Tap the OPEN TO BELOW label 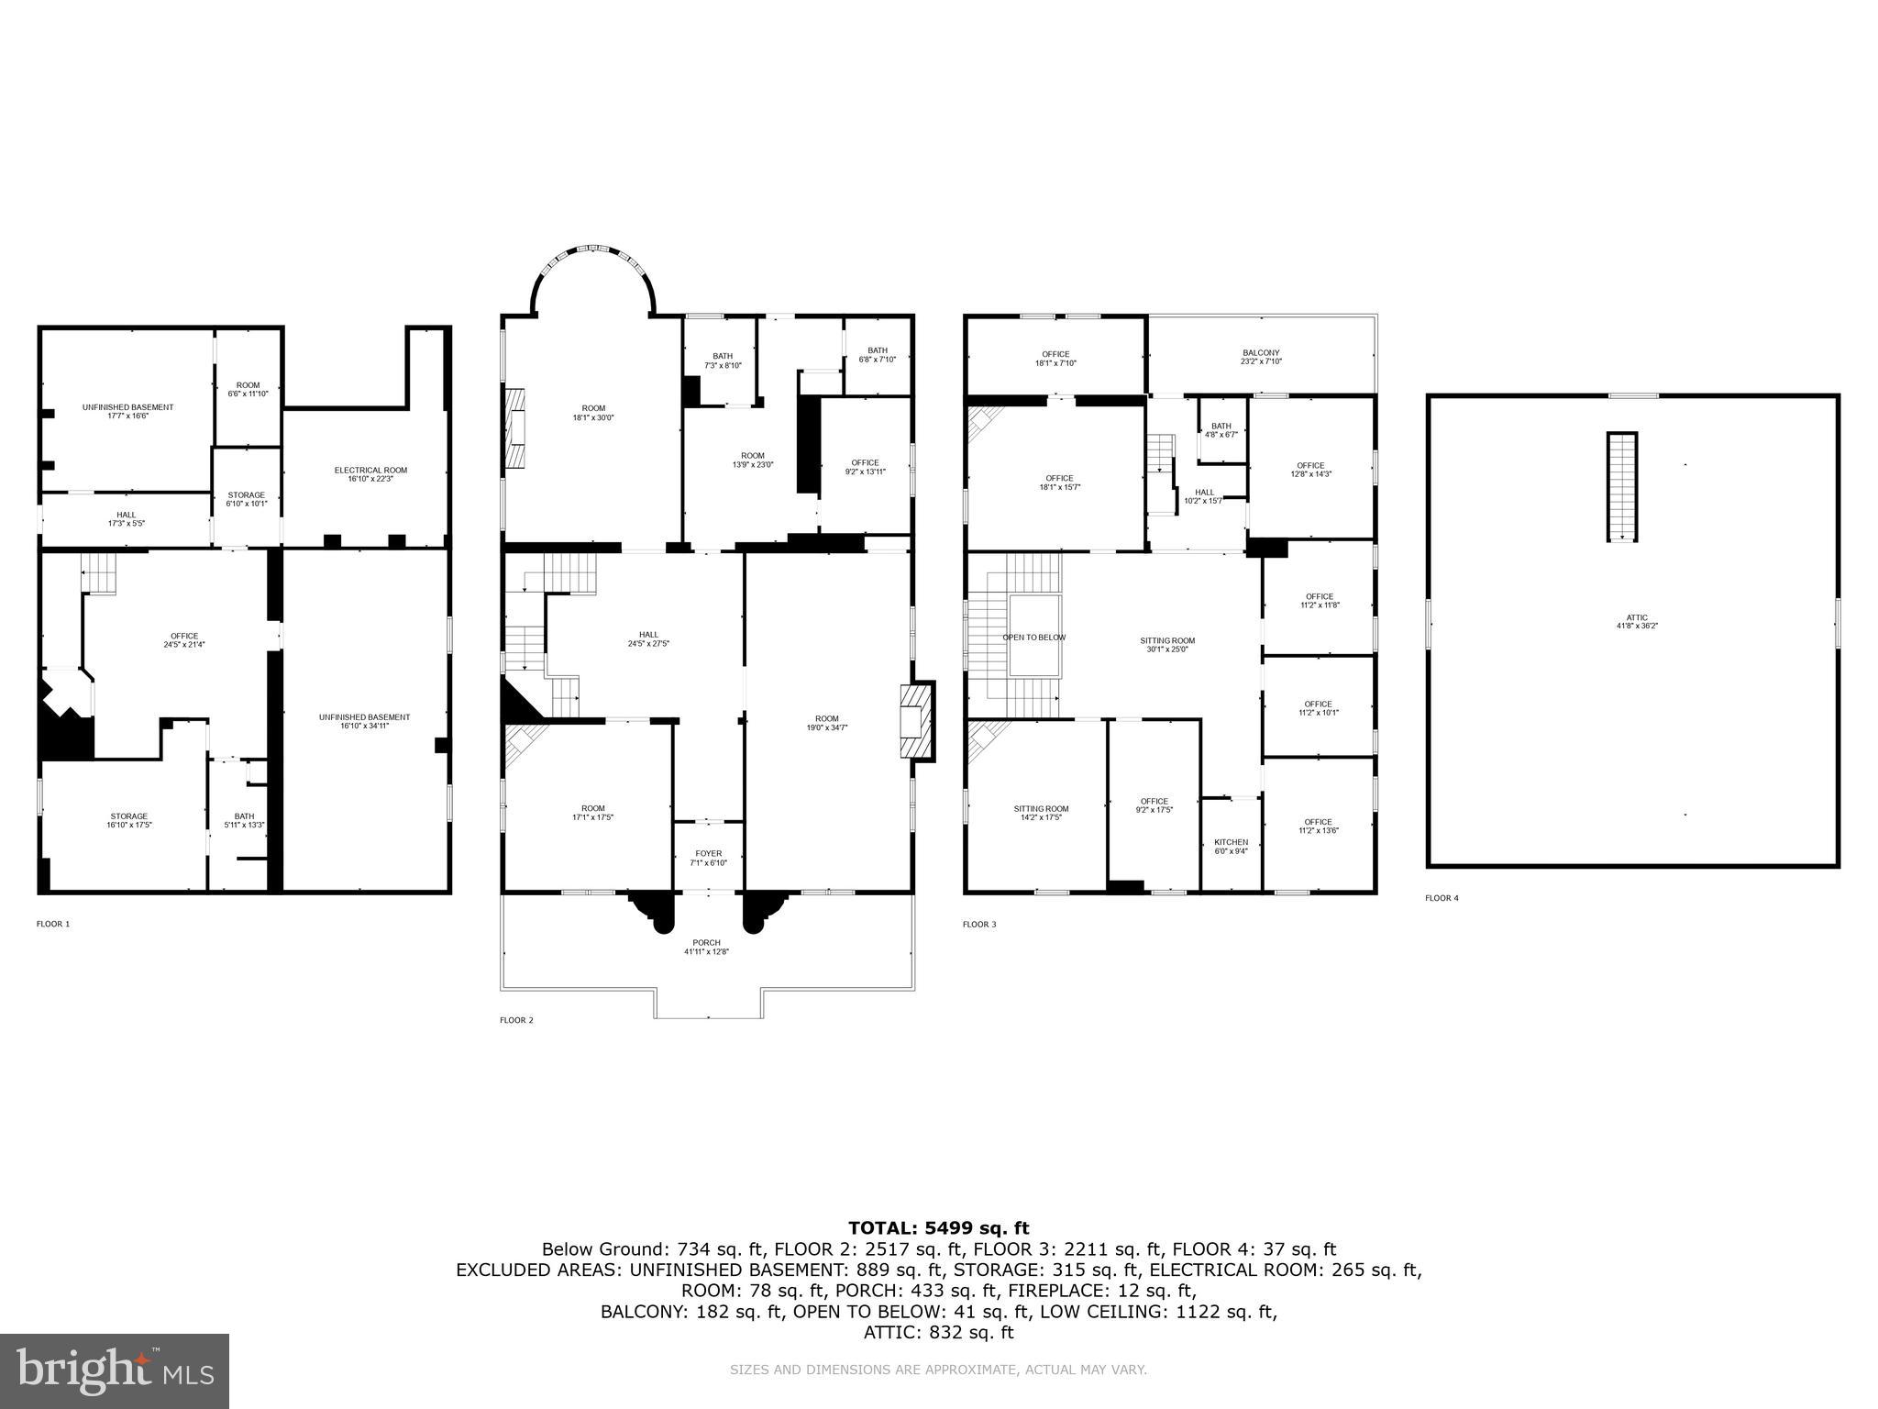tap(1033, 638)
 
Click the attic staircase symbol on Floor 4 tap(1621, 486)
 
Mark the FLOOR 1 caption tap(53, 924)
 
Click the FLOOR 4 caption tap(1442, 898)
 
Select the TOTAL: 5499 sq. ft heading tap(938, 1228)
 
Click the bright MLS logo tap(115, 1371)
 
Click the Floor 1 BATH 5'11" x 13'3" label tap(244, 820)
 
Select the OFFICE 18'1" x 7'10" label tap(1055, 358)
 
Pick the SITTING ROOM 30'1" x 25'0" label tap(1167, 645)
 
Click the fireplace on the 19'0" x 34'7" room tap(917, 722)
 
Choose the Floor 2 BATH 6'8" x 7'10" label tap(878, 354)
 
